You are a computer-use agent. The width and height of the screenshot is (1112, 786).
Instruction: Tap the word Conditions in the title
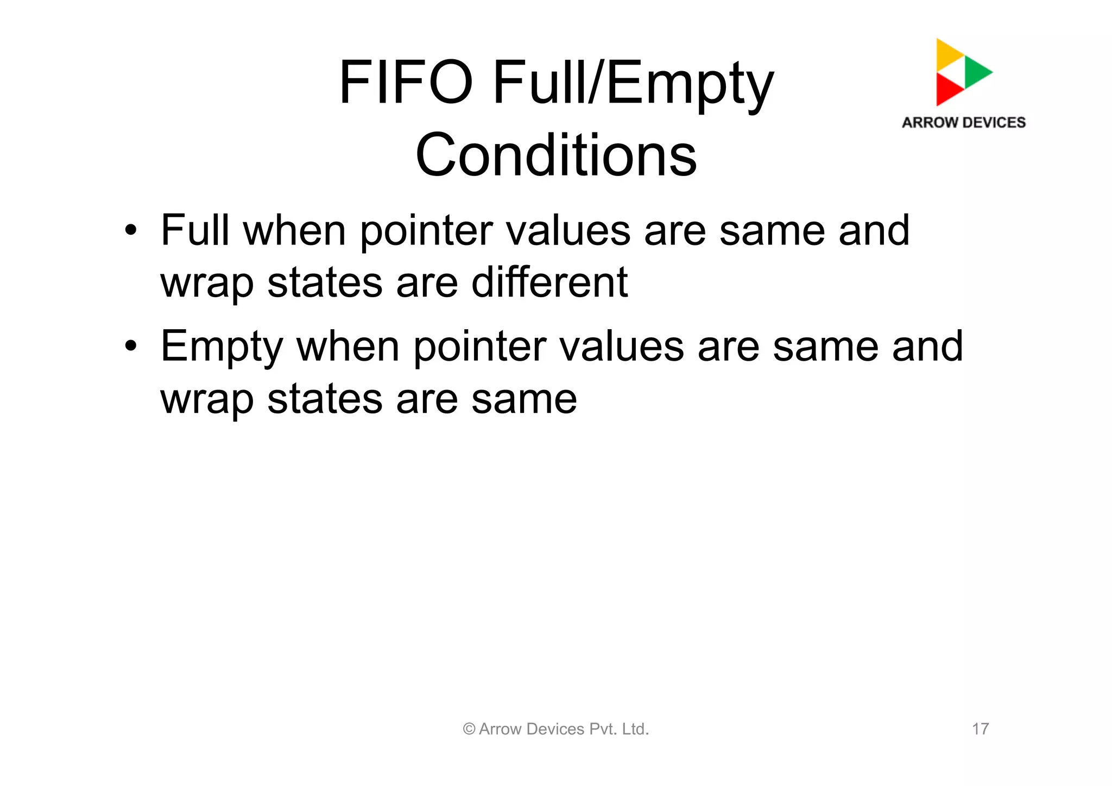click(556, 155)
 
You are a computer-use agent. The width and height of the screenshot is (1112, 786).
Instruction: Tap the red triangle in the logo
click(947, 89)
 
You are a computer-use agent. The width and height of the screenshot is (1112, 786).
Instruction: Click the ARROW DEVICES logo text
click(964, 123)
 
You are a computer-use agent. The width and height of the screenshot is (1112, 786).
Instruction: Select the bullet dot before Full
click(130, 231)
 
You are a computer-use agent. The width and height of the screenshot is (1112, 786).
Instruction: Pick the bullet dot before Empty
click(130, 346)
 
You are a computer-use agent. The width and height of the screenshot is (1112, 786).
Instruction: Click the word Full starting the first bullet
click(195, 230)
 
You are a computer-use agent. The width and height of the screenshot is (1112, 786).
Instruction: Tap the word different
click(549, 282)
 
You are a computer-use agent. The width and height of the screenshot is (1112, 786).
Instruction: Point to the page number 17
click(980, 729)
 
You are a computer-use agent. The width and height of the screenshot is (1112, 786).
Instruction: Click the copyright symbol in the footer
click(469, 730)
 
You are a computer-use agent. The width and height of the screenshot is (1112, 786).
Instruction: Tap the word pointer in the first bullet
click(426, 231)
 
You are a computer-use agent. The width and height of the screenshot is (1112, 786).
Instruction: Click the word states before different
click(325, 282)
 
